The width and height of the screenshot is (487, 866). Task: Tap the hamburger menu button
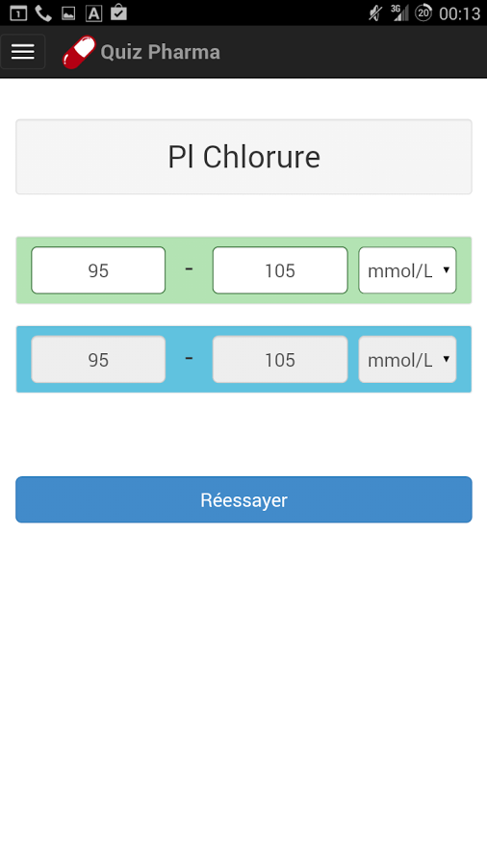[23, 52]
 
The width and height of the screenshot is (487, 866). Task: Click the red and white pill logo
[79, 53]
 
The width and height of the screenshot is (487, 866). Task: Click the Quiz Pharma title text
[160, 52]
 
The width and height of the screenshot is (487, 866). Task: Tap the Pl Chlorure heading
[243, 157]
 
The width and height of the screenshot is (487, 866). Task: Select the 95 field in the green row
[98, 270]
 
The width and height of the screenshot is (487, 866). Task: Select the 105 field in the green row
[280, 270]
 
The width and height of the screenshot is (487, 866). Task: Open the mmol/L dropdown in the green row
[407, 270]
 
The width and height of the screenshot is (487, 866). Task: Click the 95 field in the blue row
[98, 360]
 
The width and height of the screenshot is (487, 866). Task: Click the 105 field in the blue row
[280, 360]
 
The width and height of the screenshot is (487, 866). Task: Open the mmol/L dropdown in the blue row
[407, 360]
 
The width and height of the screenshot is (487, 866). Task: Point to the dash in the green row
[189, 269]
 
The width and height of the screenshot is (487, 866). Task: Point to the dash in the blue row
[189, 358]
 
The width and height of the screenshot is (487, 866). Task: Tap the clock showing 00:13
[459, 13]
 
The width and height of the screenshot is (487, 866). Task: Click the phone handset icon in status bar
[43, 13]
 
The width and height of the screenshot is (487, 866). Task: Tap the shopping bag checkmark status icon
[118, 13]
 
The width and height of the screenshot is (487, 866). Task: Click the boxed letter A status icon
[93, 13]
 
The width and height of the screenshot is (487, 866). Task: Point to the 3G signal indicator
[399, 13]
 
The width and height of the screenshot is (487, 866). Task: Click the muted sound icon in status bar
[375, 13]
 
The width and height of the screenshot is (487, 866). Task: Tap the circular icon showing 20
[423, 13]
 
